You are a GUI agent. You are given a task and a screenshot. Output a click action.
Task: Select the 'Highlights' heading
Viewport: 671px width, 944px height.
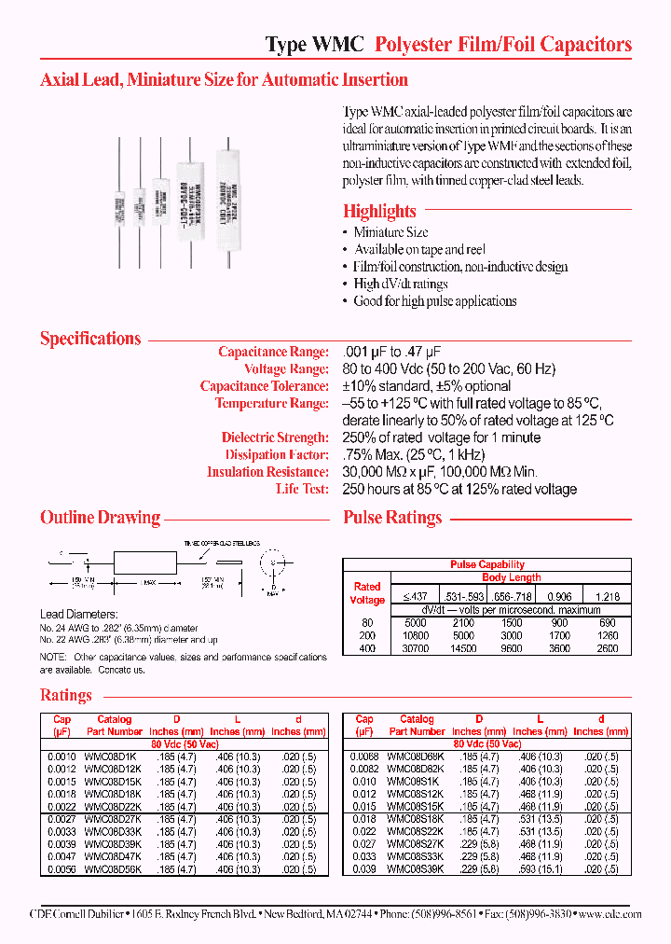(x=379, y=211)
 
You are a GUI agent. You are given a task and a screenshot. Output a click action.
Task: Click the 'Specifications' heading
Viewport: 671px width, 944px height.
(x=90, y=339)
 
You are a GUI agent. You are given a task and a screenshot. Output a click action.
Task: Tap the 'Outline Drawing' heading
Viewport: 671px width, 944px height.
(x=100, y=518)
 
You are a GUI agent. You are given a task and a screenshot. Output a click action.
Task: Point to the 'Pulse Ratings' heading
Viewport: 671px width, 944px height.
(x=392, y=518)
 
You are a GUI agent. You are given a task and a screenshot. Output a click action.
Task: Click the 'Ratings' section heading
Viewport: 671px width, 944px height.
(x=65, y=695)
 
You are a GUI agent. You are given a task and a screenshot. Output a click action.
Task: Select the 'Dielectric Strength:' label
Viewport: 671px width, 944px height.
(x=275, y=437)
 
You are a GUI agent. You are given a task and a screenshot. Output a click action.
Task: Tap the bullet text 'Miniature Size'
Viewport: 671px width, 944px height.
(x=390, y=232)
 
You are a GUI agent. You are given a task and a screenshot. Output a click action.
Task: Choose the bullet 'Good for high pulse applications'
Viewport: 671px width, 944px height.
(x=434, y=301)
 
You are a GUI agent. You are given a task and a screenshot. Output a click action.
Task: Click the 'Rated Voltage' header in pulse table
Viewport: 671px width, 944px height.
(x=367, y=594)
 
